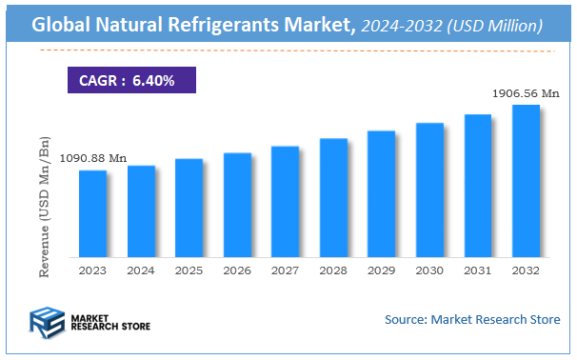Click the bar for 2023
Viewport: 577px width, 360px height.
point(92,213)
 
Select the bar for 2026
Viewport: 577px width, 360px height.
point(237,205)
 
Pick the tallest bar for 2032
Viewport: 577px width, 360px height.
point(526,181)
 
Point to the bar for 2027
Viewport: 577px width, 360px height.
point(285,201)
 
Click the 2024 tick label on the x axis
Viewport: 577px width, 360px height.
point(141,270)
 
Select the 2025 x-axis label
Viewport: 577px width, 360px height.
point(189,270)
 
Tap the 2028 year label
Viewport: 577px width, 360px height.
point(333,270)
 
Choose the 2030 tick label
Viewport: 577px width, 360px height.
point(429,270)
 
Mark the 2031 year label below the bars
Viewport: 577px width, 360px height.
point(477,270)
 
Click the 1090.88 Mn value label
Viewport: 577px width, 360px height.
point(93,158)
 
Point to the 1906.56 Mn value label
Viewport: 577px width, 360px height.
point(525,93)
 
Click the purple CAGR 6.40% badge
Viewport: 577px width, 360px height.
point(130,81)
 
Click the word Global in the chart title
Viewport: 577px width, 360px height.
point(64,25)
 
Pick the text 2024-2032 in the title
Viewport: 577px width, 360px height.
point(399,25)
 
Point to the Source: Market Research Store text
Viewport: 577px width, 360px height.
point(471,319)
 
